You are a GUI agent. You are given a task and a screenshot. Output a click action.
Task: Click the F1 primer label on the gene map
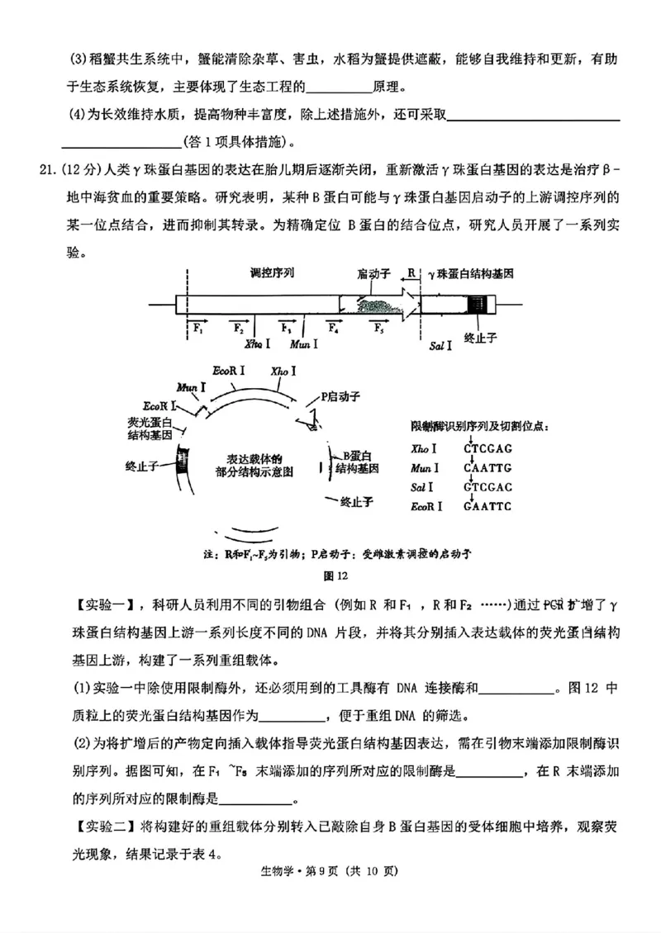pyautogui.click(x=198, y=329)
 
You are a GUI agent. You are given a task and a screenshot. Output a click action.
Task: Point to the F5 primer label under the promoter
pyautogui.click(x=378, y=329)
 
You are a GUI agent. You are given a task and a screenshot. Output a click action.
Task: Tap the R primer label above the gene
pyautogui.click(x=411, y=272)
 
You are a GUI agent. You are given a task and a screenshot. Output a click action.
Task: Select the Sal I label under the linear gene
pyautogui.click(x=440, y=344)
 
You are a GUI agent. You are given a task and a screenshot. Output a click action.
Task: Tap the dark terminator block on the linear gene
pyautogui.click(x=478, y=304)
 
